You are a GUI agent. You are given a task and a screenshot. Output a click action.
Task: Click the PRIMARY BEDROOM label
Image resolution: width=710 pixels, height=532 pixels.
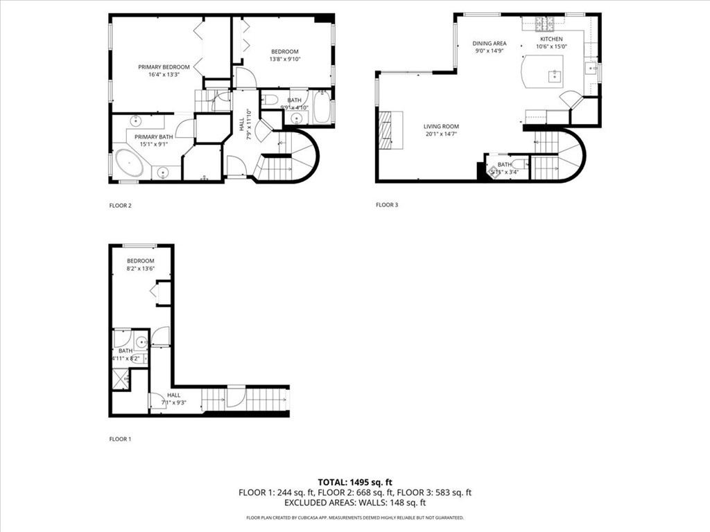click(x=164, y=67)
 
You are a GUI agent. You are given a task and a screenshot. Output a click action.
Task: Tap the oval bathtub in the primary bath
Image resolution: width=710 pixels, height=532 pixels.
click(x=129, y=163)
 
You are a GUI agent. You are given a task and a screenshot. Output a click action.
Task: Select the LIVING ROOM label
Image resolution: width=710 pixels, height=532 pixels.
click(x=441, y=127)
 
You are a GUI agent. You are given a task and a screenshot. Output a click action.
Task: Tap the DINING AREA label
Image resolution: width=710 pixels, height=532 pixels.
click(x=490, y=44)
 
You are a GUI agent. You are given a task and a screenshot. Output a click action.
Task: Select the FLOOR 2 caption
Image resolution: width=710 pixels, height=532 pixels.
click(x=120, y=205)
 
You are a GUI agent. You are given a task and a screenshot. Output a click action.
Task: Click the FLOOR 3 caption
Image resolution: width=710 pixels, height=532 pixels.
click(x=387, y=205)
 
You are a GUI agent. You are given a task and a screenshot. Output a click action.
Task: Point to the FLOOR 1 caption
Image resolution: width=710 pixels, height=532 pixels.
click(x=120, y=439)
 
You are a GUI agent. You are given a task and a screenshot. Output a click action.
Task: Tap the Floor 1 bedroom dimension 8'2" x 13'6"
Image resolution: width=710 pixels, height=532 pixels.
click(x=140, y=269)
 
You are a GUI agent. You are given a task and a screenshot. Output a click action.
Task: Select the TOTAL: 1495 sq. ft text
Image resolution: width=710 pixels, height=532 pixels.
click(x=354, y=482)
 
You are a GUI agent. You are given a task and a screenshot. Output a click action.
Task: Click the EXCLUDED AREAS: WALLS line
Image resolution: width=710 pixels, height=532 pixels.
click(x=354, y=503)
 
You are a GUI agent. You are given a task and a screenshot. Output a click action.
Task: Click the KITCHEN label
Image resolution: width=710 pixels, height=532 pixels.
click(x=551, y=39)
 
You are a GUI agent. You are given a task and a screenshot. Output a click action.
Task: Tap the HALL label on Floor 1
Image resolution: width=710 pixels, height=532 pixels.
click(x=173, y=395)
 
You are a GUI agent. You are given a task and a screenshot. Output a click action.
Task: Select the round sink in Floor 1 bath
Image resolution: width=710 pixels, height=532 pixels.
click(x=141, y=342)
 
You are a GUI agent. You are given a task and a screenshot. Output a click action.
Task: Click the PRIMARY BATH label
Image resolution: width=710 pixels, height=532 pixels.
click(x=153, y=137)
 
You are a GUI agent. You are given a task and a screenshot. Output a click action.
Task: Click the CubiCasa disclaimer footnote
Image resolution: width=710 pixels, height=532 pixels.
click(x=354, y=517)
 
